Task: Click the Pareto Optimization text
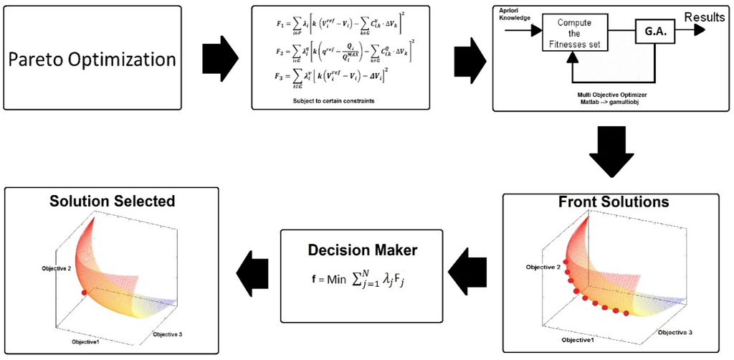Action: point(92,60)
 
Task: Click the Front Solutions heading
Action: point(613,202)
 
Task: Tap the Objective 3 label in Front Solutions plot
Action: point(676,333)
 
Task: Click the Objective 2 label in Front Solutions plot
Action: point(543,267)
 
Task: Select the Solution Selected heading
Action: point(112,201)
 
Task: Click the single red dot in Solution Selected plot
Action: point(84,293)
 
